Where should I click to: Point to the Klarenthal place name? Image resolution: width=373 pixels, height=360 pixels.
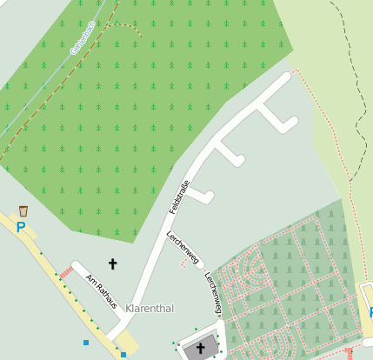click(150, 309)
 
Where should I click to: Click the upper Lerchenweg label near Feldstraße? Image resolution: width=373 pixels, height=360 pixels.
click(183, 246)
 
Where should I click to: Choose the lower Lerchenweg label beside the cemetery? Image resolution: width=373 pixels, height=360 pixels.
click(213, 293)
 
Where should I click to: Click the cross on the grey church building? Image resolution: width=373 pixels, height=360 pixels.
click(201, 349)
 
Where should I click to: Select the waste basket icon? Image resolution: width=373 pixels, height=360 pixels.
click(23, 210)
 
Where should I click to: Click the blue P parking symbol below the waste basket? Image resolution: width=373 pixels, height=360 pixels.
click(21, 227)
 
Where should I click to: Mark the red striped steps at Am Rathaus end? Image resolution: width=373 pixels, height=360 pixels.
click(67, 272)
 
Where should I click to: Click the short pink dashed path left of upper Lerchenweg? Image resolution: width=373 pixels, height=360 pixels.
click(183, 261)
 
